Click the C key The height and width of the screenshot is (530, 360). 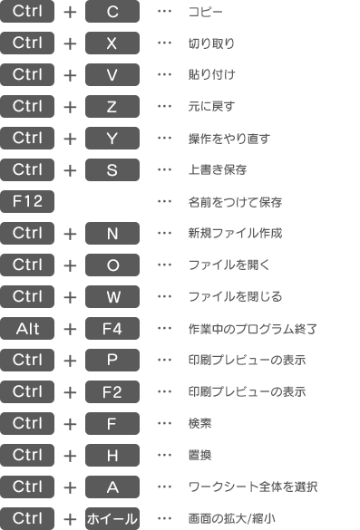click(x=112, y=12)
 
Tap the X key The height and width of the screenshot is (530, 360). click(x=112, y=43)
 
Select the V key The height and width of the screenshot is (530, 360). click(x=112, y=75)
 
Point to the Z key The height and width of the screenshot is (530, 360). click(x=112, y=107)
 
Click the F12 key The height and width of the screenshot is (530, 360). click(x=28, y=201)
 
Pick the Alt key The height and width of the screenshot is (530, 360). click(x=28, y=328)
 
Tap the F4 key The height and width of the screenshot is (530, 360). click(x=112, y=328)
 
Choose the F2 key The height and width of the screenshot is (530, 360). click(x=112, y=391)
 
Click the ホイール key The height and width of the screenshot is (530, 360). click(x=112, y=518)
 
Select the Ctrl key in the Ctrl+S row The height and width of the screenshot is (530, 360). click(x=28, y=169)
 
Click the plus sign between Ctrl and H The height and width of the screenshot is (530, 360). click(x=70, y=455)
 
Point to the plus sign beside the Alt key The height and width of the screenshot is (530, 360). click(x=70, y=328)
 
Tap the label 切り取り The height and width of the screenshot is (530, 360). click(x=209, y=43)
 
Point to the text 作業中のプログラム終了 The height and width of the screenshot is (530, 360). click(x=248, y=328)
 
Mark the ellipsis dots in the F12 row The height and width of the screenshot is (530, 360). click(x=164, y=201)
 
